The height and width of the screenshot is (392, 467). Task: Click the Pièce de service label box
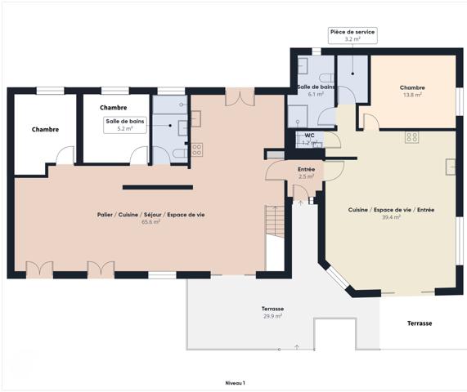pos(352,35)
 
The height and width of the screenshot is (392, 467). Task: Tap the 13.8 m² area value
pos(411,96)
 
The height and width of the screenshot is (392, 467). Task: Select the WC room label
pos(310,136)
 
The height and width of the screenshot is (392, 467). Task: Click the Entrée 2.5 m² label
pos(307,172)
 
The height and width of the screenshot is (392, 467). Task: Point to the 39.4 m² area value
pos(391,217)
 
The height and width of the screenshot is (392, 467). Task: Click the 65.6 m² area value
pos(150,221)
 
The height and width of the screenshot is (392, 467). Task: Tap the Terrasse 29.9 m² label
pos(272,313)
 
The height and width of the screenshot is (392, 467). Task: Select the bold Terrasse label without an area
pos(420,323)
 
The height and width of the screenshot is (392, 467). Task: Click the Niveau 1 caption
pos(235,382)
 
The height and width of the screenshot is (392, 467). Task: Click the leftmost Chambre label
pos(45,129)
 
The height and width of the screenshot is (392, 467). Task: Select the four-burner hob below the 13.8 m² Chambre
pos(411,137)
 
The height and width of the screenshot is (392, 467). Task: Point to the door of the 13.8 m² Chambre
pos(370,122)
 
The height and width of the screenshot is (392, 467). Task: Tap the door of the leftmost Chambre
pos(65,155)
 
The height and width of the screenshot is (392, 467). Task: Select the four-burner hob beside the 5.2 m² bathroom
pos(197,149)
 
